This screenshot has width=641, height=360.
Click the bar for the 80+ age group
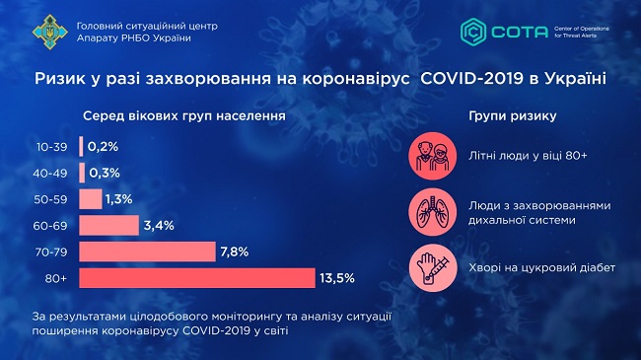(197, 278)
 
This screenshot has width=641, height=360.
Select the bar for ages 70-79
(147, 252)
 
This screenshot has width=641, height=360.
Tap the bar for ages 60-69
(109, 226)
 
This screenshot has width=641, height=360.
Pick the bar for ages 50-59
(91, 199)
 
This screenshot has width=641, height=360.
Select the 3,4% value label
(158, 226)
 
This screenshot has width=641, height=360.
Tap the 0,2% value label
(103, 146)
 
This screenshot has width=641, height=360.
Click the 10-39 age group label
(52, 147)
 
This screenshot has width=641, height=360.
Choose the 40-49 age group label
(52, 173)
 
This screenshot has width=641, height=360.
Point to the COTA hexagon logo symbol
(475, 31)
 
